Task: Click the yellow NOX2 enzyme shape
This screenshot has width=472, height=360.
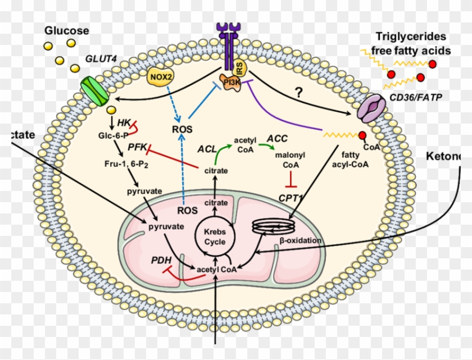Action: click(161, 77)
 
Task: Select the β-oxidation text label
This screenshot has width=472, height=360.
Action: click(301, 240)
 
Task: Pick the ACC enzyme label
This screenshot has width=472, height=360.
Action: click(277, 138)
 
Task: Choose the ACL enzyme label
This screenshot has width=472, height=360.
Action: click(207, 149)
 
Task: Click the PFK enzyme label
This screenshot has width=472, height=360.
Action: click(137, 147)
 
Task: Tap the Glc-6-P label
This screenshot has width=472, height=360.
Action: click(125, 135)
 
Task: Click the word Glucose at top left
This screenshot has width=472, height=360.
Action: click(67, 30)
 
